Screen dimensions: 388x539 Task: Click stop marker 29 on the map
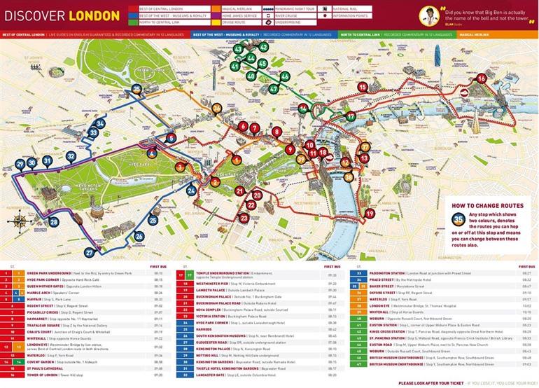(x=20, y=165)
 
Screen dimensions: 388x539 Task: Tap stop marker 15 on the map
(x=363, y=87)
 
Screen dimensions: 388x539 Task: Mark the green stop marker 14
(x=302, y=109)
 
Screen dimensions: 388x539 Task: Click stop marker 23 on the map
(x=244, y=218)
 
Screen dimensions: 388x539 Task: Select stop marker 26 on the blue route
(x=139, y=236)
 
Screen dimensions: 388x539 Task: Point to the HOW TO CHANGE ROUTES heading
(x=483, y=207)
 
